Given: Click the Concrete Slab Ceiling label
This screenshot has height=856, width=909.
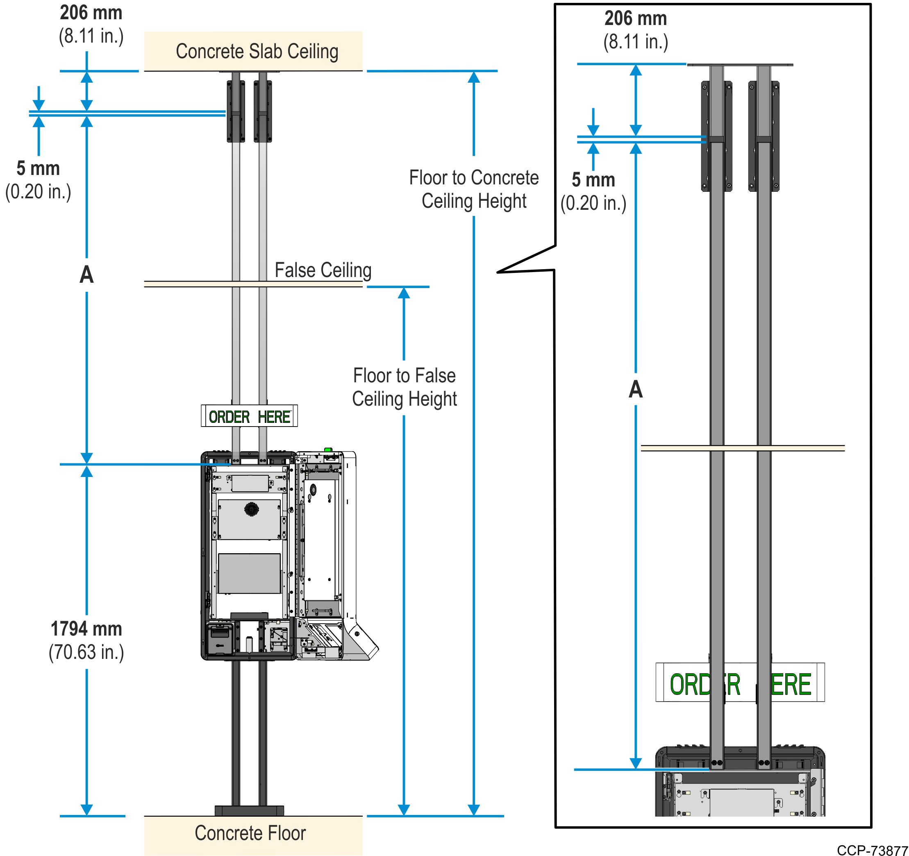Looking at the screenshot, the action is coord(257,51).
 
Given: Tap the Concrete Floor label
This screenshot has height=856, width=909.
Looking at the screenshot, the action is coord(250,833).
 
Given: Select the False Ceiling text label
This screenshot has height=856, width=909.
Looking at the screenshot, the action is coord(323,270).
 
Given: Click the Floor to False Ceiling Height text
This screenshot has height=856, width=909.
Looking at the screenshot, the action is coord(404,387).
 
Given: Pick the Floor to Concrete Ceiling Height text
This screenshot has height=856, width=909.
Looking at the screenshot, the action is coord(474,189).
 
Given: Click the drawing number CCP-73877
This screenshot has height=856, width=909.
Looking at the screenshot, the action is coord(872,850).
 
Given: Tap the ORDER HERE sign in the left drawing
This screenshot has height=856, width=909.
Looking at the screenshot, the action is coord(249,416).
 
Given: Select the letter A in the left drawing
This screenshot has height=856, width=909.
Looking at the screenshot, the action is coord(86,275).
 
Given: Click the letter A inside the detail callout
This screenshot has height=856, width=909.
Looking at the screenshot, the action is coord(636,389).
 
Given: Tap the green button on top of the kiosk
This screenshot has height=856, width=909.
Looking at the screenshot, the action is coord(328,450).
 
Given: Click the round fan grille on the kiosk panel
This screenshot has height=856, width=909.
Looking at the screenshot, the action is coord(252,509).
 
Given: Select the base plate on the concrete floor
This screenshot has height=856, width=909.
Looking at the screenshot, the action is coord(249,811).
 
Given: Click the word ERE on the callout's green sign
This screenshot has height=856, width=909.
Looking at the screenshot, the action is coord(791,685).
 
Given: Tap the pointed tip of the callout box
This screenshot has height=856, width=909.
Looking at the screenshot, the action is coord(498,272).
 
